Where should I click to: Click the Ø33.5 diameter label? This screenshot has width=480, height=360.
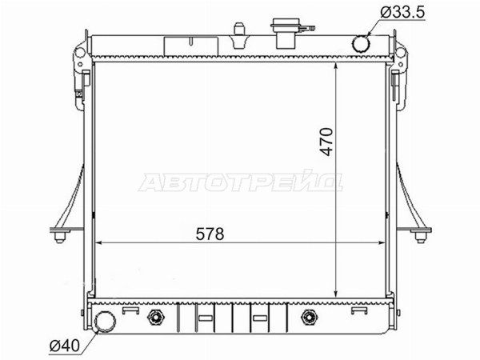402,13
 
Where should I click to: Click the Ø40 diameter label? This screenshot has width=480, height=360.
64,346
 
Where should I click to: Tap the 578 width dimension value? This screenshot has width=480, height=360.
210,234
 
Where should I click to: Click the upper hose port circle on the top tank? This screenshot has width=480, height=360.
362,44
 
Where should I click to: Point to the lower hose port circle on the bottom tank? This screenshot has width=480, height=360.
105,322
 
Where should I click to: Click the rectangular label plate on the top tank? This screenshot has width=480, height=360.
191,46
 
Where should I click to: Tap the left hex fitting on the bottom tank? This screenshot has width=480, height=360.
156,317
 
